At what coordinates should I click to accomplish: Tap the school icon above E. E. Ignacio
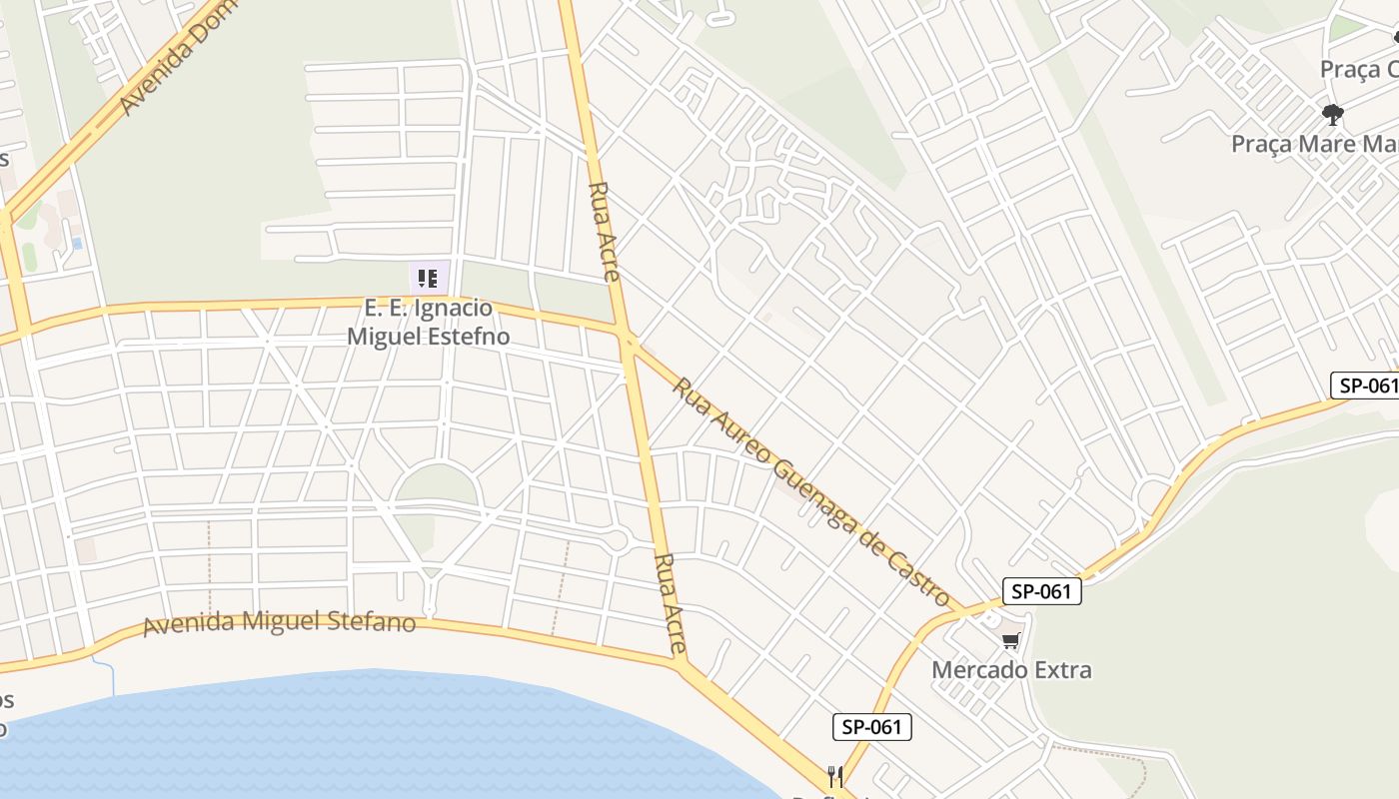coord(428,278)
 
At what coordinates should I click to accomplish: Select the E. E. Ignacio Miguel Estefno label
coord(428,322)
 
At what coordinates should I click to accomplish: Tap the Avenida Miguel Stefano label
coord(279,623)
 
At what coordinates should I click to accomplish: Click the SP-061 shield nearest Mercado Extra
coord(1041,591)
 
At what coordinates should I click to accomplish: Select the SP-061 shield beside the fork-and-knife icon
coord(871,727)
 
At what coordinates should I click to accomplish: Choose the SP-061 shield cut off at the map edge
coord(1365,386)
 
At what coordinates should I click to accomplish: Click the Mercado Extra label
coord(1011,669)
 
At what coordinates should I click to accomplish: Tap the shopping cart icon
coord(1011,640)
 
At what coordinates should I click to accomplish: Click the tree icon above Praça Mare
coord(1332,114)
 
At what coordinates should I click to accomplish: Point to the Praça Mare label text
coord(1313,144)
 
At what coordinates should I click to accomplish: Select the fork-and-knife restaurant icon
coord(835,775)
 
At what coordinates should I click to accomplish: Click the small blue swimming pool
coord(77,243)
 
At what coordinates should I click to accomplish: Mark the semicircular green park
coord(437,486)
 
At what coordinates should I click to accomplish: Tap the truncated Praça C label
coord(1359,70)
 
